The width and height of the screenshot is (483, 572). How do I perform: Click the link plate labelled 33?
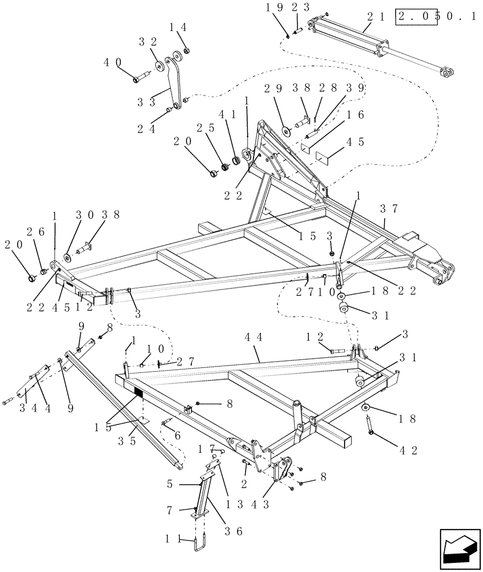click(x=175, y=80)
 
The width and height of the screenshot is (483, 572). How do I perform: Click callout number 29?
click(x=274, y=89)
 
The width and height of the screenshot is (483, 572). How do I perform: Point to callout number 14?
click(x=177, y=27)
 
